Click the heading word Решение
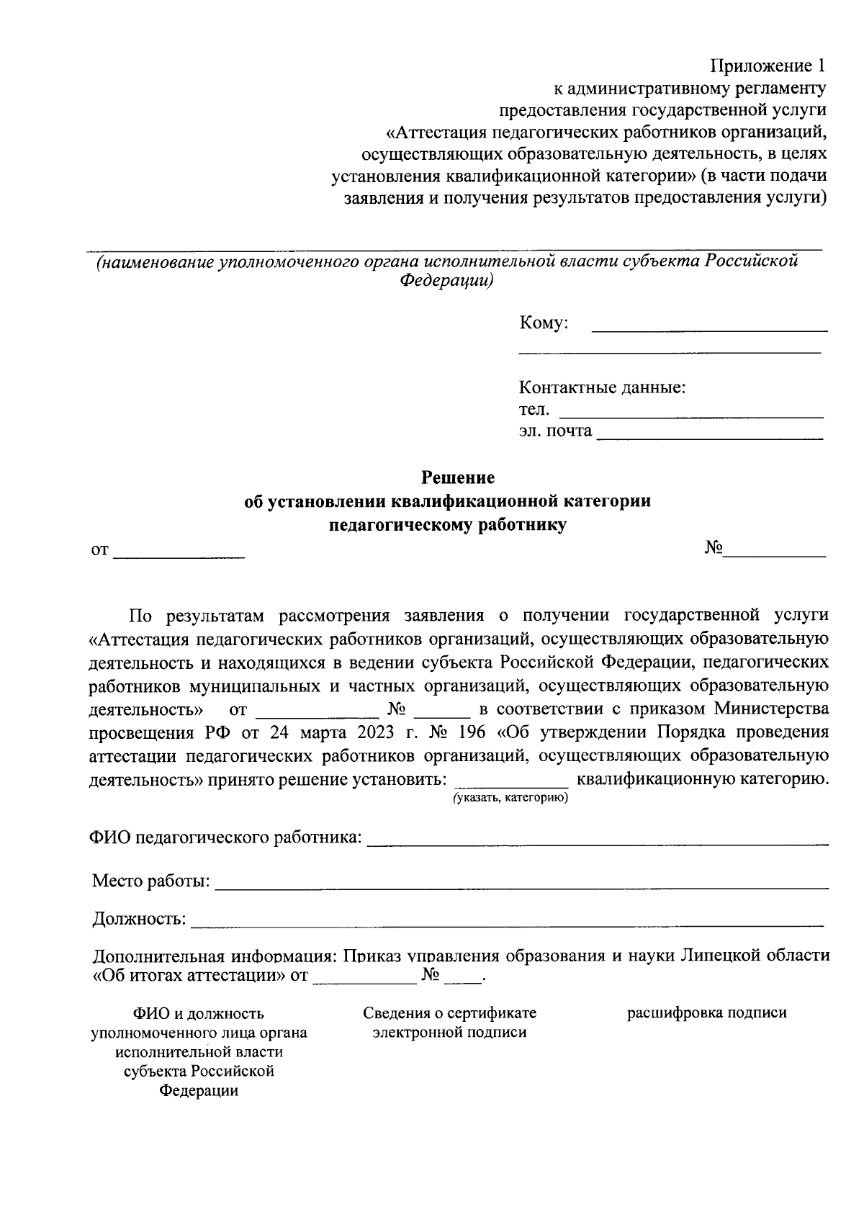(x=458, y=477)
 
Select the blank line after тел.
(x=690, y=414)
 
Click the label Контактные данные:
(x=602, y=388)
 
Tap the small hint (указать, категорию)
(x=510, y=798)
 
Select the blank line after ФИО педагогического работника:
(x=597, y=840)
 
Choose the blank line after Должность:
(x=507, y=922)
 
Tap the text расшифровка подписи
(x=706, y=1013)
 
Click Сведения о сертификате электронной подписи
(x=449, y=1023)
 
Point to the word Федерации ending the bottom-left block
(x=199, y=1091)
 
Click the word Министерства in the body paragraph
(x=771, y=709)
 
